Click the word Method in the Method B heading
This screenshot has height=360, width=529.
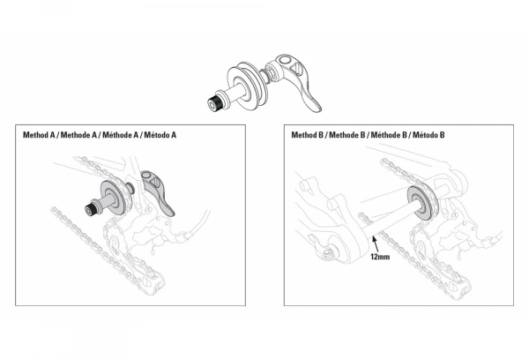[305, 136]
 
